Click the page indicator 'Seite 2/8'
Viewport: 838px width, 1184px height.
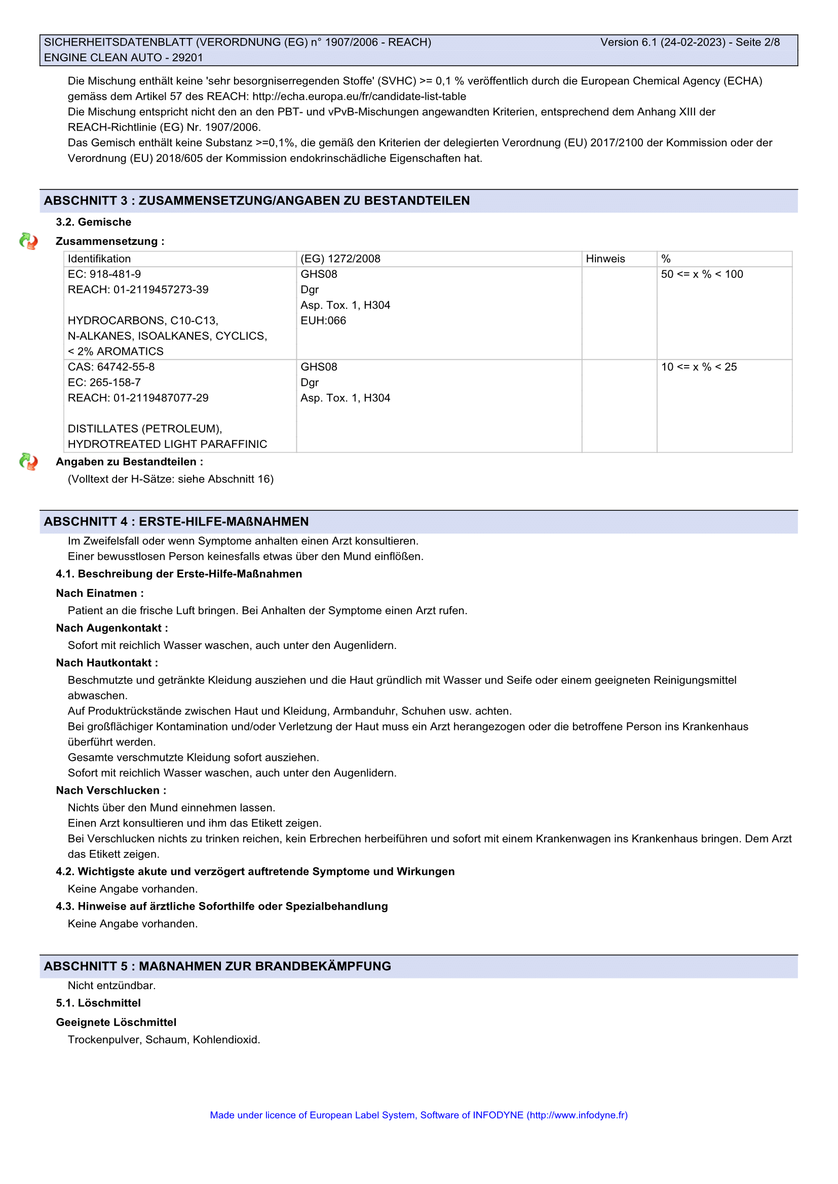757,43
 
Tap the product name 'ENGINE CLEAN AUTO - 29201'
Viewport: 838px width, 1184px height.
123,58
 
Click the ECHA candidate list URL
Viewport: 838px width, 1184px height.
359,97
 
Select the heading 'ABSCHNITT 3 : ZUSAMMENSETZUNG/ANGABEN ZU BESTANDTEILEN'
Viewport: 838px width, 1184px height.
256,200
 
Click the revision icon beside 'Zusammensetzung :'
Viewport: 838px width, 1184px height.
28,241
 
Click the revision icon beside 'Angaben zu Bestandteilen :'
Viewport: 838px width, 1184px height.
28,462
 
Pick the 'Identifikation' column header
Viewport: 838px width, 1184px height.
99,259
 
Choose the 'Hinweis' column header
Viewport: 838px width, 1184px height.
605,259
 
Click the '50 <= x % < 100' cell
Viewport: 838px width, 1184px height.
702,274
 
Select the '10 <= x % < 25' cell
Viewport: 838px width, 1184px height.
699,367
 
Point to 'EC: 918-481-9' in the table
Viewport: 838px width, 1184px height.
104,274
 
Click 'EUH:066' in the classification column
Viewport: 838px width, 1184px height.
323,321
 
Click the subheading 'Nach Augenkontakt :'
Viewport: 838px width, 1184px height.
112,628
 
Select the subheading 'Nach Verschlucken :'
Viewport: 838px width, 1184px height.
111,791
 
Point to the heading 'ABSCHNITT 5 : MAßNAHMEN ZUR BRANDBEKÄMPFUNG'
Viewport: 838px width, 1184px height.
217,966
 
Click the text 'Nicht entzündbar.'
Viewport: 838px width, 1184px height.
111,986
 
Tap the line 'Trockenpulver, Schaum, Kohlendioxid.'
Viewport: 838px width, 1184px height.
164,1040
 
